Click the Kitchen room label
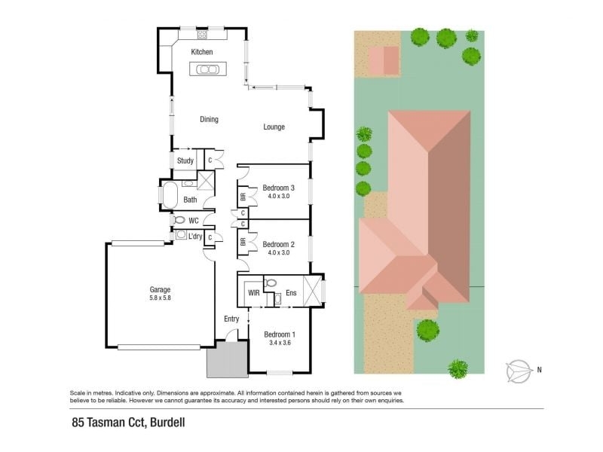pos(201,52)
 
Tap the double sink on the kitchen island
pos(208,69)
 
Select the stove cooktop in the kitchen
pos(202,35)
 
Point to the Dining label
pos(209,119)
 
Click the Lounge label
pos(274,127)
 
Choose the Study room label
pos(185,160)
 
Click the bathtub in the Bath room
pos(170,195)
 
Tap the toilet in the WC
pos(179,220)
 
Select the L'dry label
pos(195,236)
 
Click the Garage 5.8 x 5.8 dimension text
pos(160,298)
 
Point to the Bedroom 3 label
pos(278,188)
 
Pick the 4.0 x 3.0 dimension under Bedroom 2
pos(278,252)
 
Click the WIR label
pos(253,293)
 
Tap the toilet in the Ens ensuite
pos(271,283)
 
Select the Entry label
pos(231,319)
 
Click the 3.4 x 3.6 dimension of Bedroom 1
pos(280,343)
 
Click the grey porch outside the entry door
pos(228,359)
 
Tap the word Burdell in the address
pos(167,423)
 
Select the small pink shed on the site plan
pos(384,60)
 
